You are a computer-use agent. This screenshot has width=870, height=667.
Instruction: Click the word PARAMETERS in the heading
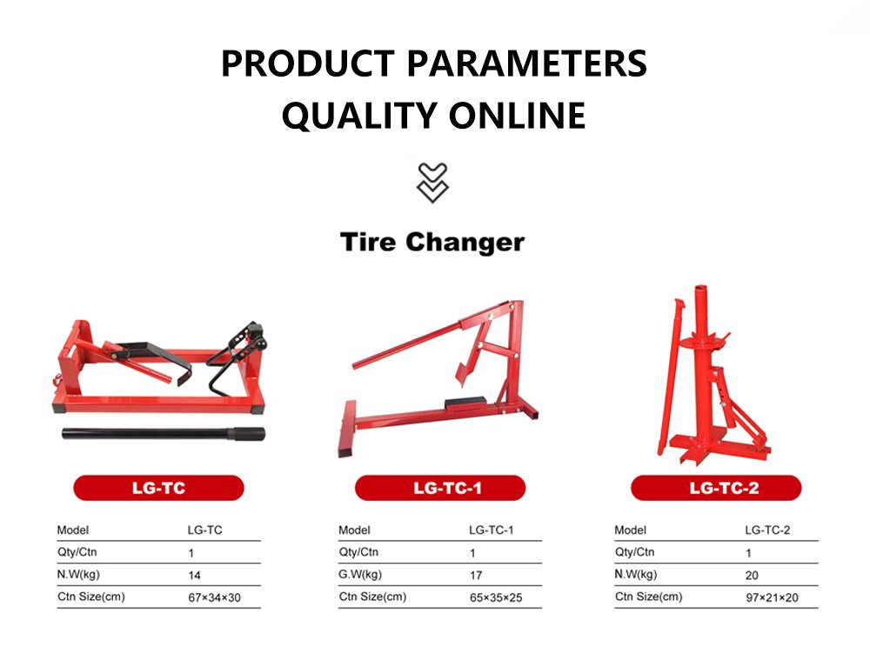click(x=527, y=63)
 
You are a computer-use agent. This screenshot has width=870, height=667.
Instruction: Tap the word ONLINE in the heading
click(x=517, y=116)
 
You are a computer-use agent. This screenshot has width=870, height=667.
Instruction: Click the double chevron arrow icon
click(x=432, y=183)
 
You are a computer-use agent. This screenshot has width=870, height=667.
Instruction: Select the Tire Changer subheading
click(x=432, y=243)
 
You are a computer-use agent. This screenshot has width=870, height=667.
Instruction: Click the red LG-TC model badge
click(x=158, y=488)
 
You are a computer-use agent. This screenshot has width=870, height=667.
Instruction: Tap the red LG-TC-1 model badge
click(x=440, y=488)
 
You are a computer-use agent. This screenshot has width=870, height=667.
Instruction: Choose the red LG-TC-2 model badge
click(x=716, y=488)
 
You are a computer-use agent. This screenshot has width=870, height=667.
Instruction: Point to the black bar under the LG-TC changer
click(x=164, y=434)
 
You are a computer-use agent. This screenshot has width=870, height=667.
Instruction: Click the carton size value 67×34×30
click(x=214, y=597)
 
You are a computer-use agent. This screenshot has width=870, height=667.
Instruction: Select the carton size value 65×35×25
click(x=496, y=597)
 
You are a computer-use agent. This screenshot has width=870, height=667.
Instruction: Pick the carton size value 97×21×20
click(x=772, y=597)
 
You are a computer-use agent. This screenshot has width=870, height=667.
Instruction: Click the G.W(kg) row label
click(x=360, y=575)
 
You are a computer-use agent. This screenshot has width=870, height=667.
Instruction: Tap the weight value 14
click(x=194, y=576)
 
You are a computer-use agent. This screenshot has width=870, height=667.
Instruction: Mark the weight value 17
click(x=476, y=576)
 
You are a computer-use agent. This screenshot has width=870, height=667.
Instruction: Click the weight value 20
click(x=752, y=576)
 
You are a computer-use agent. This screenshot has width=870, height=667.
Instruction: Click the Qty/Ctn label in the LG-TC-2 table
click(x=634, y=552)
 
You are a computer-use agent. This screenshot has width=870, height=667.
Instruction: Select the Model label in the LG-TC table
click(x=73, y=530)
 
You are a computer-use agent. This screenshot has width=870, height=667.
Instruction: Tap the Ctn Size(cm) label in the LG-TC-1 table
click(x=372, y=597)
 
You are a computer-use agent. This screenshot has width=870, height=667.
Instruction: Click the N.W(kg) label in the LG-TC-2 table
click(x=636, y=575)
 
